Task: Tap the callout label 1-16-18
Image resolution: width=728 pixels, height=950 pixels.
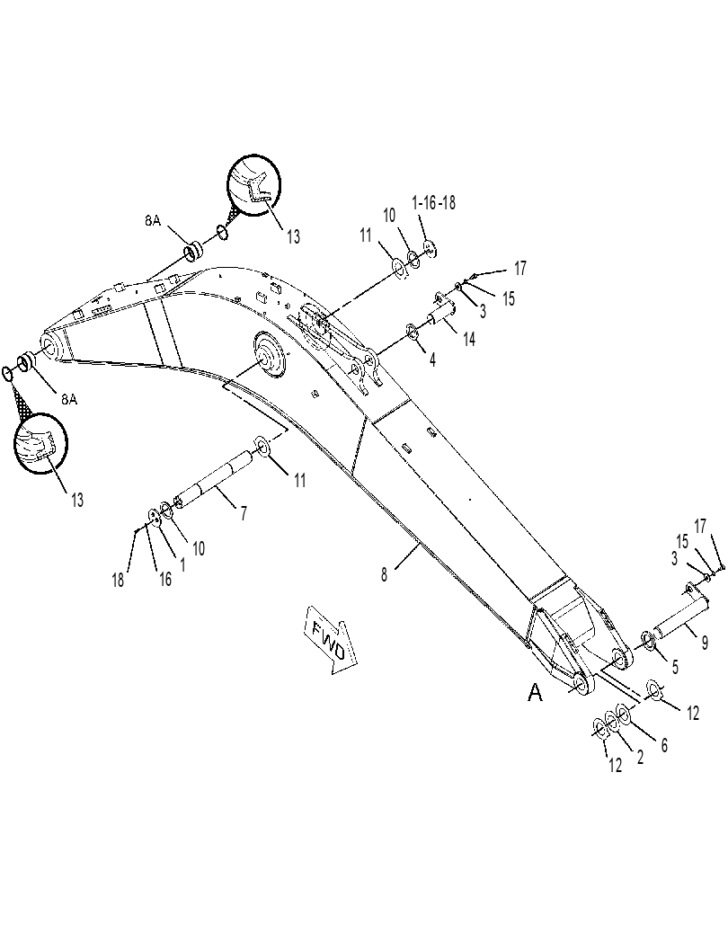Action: (x=433, y=203)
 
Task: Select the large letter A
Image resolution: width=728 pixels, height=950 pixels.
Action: (x=535, y=692)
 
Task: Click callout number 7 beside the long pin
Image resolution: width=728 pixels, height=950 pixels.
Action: (x=244, y=513)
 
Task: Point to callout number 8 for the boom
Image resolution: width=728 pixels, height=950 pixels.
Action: (x=384, y=574)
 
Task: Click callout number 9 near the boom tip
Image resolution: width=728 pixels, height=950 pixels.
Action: (x=705, y=643)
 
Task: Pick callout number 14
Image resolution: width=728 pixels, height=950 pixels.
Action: (x=469, y=340)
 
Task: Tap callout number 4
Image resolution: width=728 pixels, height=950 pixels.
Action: (x=432, y=360)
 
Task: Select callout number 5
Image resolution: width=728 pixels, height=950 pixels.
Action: (x=675, y=667)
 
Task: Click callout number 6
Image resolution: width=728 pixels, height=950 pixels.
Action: (x=664, y=745)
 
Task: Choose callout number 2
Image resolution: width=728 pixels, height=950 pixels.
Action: (x=640, y=757)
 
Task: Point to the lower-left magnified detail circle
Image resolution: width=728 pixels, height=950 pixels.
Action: (x=40, y=441)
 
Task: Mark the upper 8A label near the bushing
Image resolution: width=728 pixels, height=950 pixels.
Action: (x=152, y=221)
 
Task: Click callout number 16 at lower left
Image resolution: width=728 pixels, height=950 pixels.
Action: (x=164, y=579)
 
